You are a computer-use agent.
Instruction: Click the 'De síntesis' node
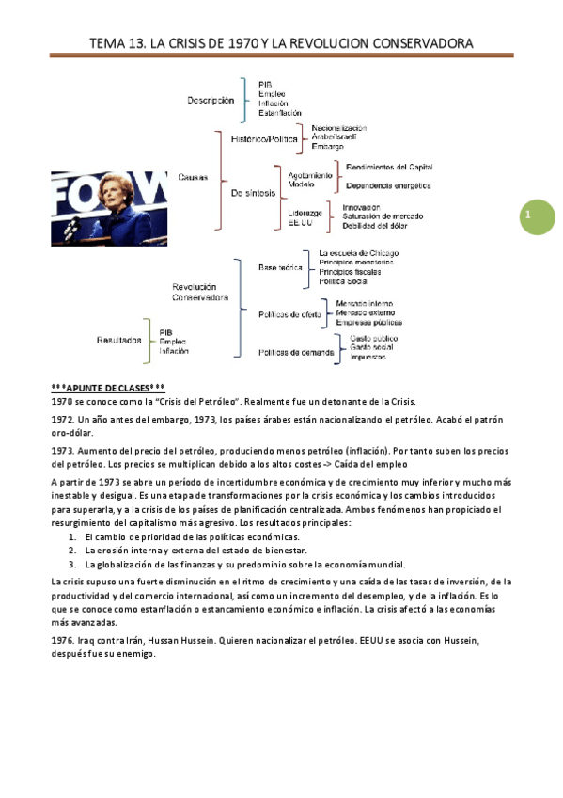253,193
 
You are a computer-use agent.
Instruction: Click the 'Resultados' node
118,341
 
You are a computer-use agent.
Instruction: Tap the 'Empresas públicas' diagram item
369,323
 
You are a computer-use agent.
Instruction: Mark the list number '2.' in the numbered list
73,550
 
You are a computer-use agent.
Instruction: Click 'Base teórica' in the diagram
280,267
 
